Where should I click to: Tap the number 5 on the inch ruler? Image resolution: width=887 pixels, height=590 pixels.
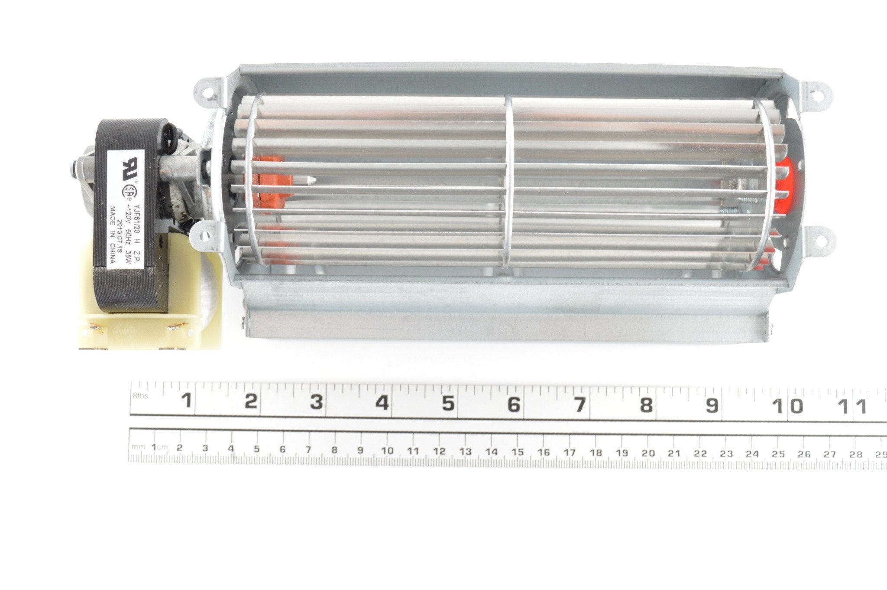(x=449, y=404)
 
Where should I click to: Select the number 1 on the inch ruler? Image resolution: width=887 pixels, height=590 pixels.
(x=187, y=401)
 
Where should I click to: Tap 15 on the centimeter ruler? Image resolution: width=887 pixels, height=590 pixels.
(x=518, y=452)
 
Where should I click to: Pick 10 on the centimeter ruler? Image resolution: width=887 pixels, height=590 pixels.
(x=387, y=450)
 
